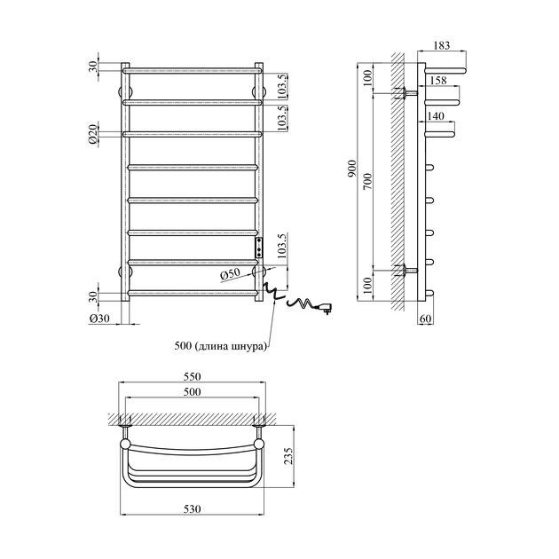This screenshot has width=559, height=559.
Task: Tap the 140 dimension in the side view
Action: pos(435,116)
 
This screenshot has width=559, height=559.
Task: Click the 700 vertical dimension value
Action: pos(366,180)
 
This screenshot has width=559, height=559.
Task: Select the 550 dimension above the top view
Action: pos(193,376)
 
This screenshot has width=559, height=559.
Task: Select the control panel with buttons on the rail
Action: pos(259,247)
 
